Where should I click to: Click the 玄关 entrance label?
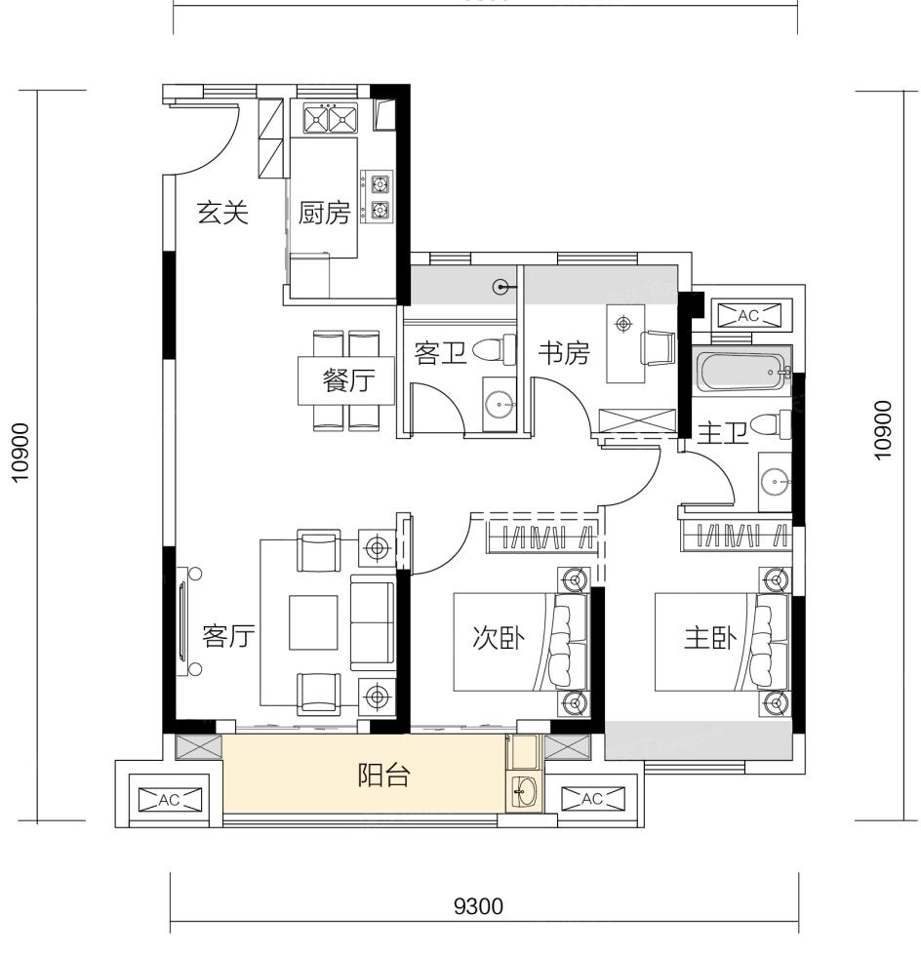click(x=223, y=213)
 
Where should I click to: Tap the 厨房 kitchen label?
click(x=324, y=214)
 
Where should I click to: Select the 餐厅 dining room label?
click(x=348, y=380)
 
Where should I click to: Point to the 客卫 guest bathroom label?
click(x=440, y=353)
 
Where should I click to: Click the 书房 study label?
click(x=564, y=353)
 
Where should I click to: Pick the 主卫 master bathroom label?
click(x=722, y=433)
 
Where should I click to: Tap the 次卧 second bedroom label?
click(x=499, y=638)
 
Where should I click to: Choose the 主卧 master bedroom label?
click(x=710, y=638)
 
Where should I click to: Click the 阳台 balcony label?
click(x=383, y=775)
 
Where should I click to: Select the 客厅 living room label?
click(x=228, y=636)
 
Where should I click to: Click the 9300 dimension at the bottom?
click(x=479, y=907)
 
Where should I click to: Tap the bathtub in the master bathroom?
click(x=743, y=371)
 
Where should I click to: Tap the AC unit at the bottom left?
click(x=169, y=800)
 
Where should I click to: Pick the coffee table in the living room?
click(x=313, y=622)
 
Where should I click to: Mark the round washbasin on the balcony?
click(x=524, y=792)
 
